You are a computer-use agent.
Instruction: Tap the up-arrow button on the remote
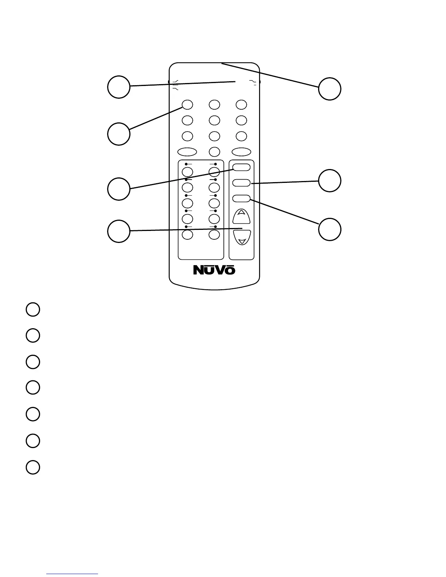coord(242,216)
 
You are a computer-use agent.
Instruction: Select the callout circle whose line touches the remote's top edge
coord(329,89)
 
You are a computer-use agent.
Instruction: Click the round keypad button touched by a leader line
coord(187,105)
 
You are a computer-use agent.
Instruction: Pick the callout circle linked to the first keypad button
coord(119,134)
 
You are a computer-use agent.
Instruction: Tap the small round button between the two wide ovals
coord(214,152)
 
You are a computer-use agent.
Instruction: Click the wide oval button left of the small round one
coord(187,152)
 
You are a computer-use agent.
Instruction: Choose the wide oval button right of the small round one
coord(242,152)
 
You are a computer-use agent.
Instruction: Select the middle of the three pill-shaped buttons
coord(242,183)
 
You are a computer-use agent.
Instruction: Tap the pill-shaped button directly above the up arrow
coord(242,199)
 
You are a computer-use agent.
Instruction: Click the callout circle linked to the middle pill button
coord(329,181)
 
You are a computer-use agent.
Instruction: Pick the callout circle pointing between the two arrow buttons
coord(119,231)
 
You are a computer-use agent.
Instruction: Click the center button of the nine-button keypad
coord(214,120)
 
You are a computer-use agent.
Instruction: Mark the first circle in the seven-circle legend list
coord(33,309)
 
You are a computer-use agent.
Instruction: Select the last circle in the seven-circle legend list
coord(33,467)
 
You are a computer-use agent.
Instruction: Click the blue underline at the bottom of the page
coord(73,574)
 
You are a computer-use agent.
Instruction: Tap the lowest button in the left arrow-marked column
coord(187,235)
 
